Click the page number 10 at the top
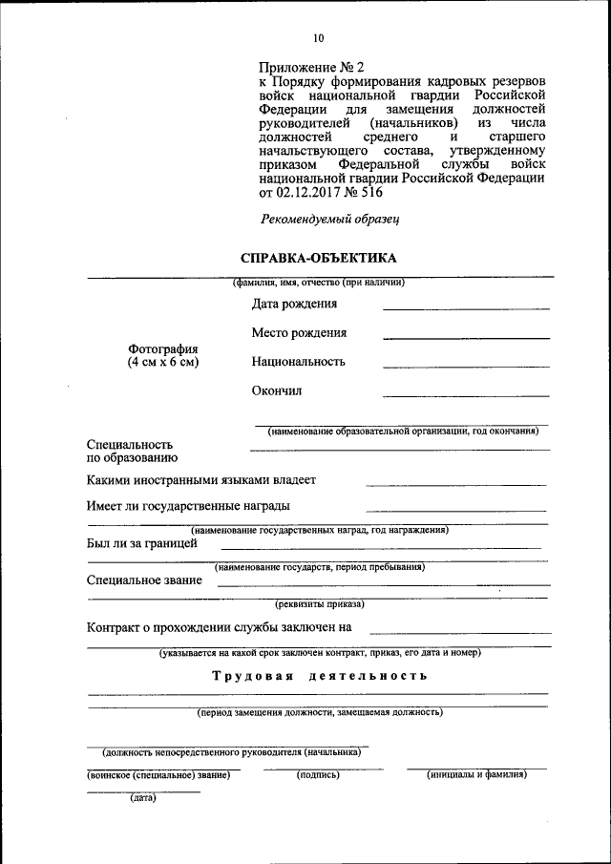pyautogui.click(x=318, y=38)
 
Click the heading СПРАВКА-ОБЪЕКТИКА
pyautogui.click(x=318, y=258)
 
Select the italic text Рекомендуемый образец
pyautogui.click(x=330, y=219)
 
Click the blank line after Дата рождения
pyautogui.click(x=466, y=309)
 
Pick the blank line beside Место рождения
pyautogui.click(x=466, y=338)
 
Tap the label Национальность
pyautogui.click(x=299, y=362)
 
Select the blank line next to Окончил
pyautogui.click(x=466, y=395)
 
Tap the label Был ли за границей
pyautogui.click(x=142, y=543)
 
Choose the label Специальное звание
pyautogui.click(x=144, y=580)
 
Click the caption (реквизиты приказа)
pyautogui.click(x=319, y=604)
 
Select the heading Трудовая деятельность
pyautogui.click(x=319, y=676)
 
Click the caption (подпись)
pyautogui.click(x=318, y=775)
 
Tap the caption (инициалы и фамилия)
pyautogui.click(x=476, y=775)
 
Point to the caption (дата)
pyautogui.click(x=143, y=799)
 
